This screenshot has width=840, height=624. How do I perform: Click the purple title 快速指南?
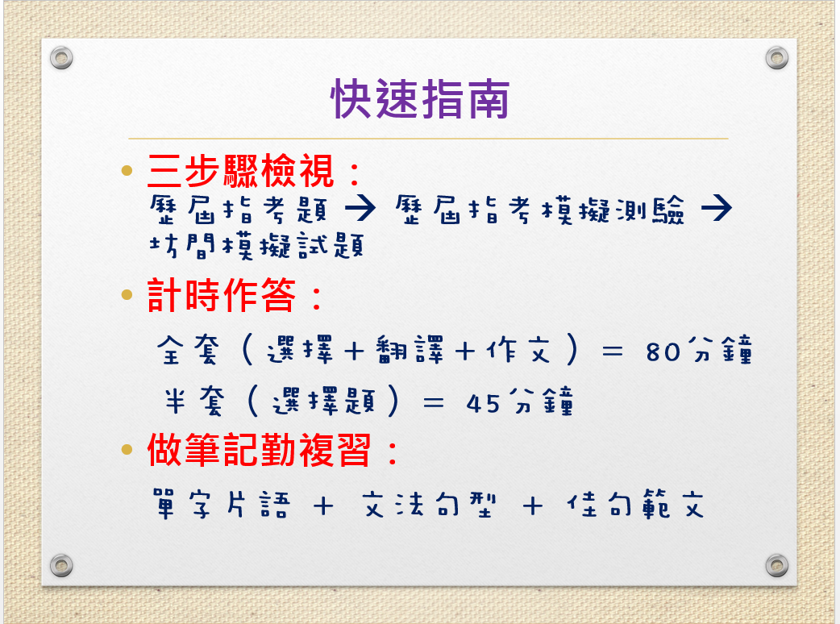pyautogui.click(x=420, y=99)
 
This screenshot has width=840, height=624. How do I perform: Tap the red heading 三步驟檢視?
pyautogui.click(x=241, y=172)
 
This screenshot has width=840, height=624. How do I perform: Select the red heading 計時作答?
pyautogui.click(x=221, y=294)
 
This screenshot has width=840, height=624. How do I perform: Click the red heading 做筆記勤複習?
pyautogui.click(x=259, y=450)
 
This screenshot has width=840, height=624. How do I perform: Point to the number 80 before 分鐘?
pyautogui.click(x=663, y=352)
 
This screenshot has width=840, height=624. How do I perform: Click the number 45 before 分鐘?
pyautogui.click(x=483, y=404)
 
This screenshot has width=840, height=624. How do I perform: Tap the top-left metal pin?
pyautogui.click(x=61, y=57)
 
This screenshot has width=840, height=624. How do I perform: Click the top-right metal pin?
pyautogui.click(x=777, y=57)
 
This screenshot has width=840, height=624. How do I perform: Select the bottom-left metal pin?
pyautogui.click(x=61, y=565)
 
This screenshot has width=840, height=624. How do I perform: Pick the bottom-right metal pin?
pyautogui.click(x=777, y=565)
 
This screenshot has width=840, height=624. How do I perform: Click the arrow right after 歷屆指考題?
pyautogui.click(x=360, y=208)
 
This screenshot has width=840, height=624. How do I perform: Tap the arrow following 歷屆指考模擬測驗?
pyautogui.click(x=716, y=208)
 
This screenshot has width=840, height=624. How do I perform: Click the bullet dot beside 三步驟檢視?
pyautogui.click(x=127, y=171)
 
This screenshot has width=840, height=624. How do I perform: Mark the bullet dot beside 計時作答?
pyautogui.click(x=127, y=294)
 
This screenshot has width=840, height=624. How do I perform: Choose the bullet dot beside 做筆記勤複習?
pyautogui.click(x=127, y=449)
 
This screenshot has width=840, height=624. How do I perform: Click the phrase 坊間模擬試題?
pyautogui.click(x=257, y=246)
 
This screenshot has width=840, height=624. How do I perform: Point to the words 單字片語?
pyautogui.click(x=222, y=504)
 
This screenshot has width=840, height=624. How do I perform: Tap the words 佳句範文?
pyautogui.click(x=635, y=504)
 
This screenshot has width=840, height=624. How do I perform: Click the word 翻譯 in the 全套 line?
pyautogui.click(x=410, y=350)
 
